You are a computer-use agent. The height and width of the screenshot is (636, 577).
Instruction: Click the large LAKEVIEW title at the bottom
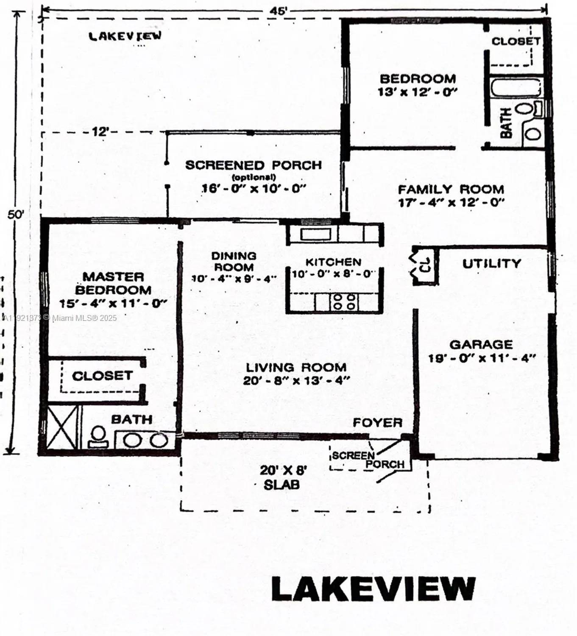coord(373,589)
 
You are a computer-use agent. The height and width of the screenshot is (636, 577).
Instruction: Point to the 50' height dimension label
coord(16,215)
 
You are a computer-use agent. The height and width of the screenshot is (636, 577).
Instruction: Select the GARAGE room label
coord(481,344)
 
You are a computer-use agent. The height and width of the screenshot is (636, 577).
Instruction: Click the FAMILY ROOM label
coord(451,189)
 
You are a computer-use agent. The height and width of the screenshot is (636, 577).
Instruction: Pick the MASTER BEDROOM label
coord(113,283)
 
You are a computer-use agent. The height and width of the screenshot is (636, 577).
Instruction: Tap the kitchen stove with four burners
coord(344,302)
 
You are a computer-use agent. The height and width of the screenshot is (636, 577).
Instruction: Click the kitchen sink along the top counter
coord(315,234)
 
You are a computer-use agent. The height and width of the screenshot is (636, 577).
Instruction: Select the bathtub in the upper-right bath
coord(516,88)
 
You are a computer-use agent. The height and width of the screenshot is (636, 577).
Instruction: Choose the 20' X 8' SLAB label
coord(282,477)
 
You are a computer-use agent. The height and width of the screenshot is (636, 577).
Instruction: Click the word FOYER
coord(377,422)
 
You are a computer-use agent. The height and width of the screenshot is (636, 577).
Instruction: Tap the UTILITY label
coord(491,264)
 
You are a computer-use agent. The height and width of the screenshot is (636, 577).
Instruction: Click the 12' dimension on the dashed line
coord(101,132)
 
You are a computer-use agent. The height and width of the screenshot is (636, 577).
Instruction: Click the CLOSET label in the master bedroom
coord(102,376)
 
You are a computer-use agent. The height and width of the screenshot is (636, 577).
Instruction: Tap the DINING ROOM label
coord(234,261)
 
